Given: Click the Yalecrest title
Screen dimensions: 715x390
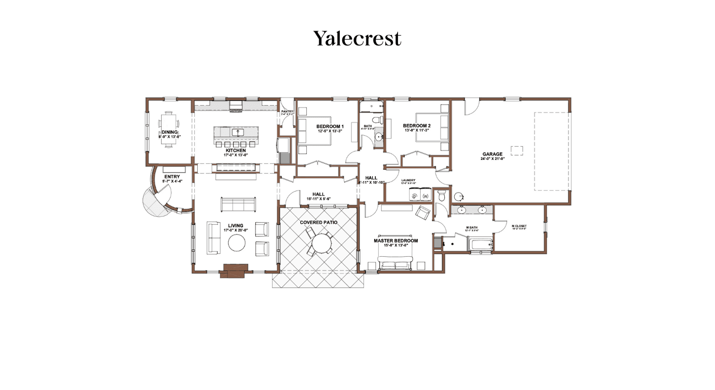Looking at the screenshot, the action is click(357, 38).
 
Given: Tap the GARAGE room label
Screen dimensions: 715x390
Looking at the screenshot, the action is click(492, 154).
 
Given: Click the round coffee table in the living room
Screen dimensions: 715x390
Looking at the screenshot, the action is click(236, 243).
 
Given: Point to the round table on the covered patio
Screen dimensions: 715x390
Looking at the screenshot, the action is click(322, 243).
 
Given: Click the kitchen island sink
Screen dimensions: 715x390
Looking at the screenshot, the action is click(236, 132).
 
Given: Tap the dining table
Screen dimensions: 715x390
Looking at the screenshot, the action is click(169, 129).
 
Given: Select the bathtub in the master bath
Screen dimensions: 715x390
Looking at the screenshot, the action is click(480, 244).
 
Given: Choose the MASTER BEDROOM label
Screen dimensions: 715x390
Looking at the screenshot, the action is click(395, 241).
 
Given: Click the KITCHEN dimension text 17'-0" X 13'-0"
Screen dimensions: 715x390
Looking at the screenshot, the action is click(235, 155).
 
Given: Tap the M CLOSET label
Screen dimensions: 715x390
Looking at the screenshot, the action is click(519, 226).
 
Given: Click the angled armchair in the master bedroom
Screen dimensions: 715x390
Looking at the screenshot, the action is click(423, 213).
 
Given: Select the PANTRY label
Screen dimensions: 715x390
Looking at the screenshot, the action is click(287, 112).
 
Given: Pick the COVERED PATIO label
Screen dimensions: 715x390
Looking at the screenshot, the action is click(319, 222).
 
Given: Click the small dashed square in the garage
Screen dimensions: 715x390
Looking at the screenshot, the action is click(516, 151).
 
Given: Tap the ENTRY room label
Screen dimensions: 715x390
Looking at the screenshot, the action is click(172, 177).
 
